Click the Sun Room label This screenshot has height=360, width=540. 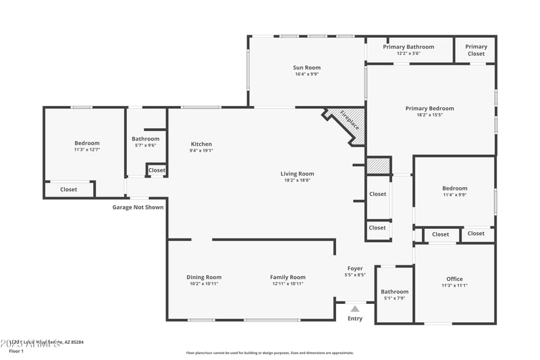[306, 68]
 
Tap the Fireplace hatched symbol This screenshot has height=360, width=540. [350, 125]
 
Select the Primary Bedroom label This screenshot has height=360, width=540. [429, 108]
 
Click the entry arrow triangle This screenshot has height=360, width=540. [355, 309]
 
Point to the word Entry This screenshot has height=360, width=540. [355, 319]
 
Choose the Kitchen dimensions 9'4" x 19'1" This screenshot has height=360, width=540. [201, 151]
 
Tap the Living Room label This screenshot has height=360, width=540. [297, 174]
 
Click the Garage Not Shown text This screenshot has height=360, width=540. [138, 207]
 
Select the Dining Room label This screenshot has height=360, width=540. [204, 277]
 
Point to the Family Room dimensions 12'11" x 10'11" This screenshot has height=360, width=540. [288, 284]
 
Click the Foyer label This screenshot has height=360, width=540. [355, 269]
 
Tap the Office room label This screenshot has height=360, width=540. [454, 279]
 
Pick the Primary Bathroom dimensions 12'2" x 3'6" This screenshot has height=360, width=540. [408, 53]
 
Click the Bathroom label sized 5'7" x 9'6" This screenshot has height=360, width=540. [145, 138]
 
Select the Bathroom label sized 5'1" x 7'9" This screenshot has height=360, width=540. [394, 292]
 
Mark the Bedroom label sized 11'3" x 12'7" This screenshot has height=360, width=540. [87, 143]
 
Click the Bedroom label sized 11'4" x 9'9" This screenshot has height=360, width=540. [454, 188]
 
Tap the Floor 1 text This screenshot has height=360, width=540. [16, 351]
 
